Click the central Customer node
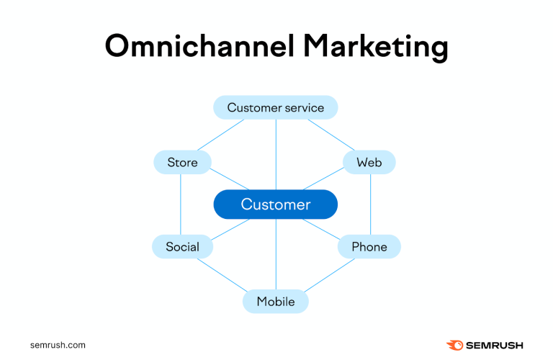point(276,204)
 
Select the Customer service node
point(276,108)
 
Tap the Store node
point(182,163)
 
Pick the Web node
point(369,163)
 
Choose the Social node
point(182,247)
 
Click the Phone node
point(369,247)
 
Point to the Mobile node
point(276,302)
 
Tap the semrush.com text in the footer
point(58,345)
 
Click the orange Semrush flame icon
point(455,346)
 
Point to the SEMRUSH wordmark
point(495,346)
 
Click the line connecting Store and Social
point(181,204)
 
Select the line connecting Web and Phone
point(371,204)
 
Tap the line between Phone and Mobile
point(330,276)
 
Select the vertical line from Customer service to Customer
point(276,154)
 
